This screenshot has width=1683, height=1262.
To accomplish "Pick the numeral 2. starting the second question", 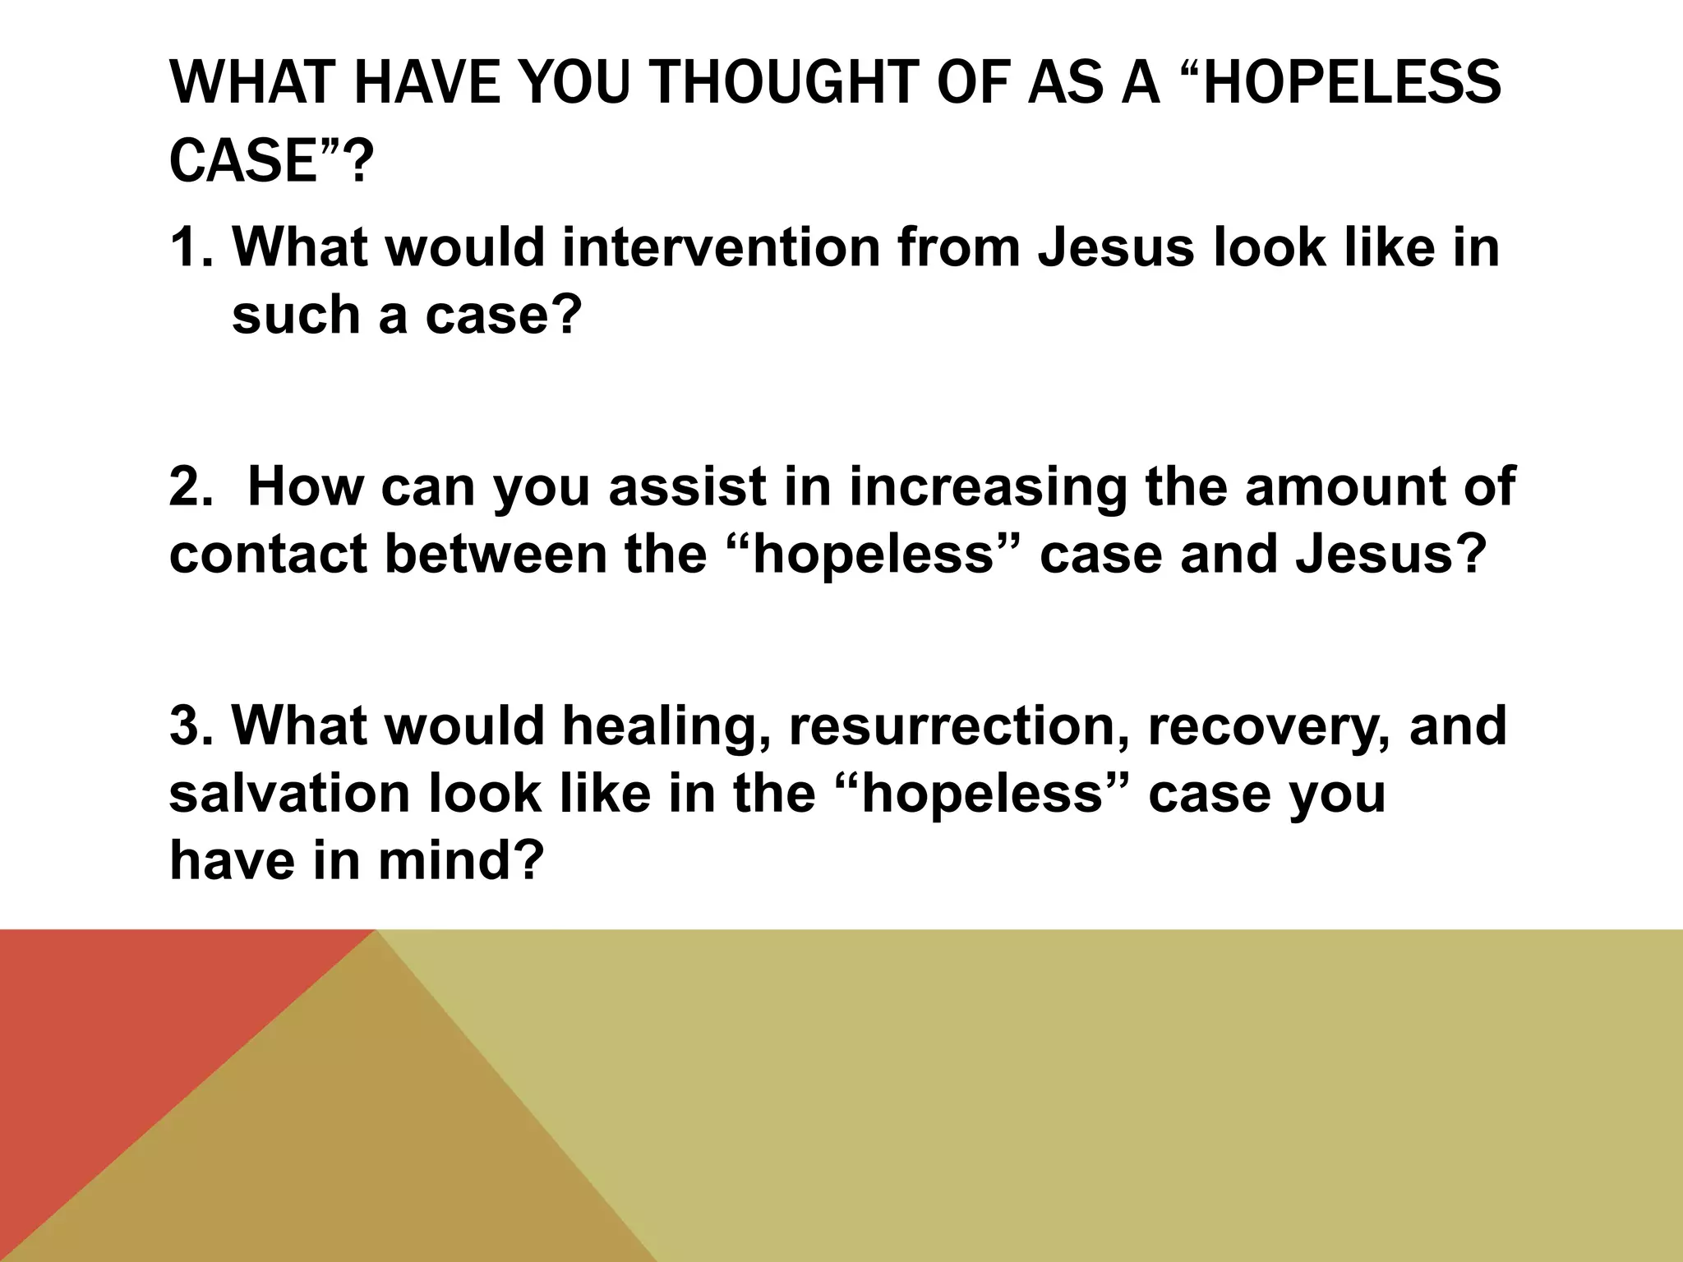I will click(x=191, y=486).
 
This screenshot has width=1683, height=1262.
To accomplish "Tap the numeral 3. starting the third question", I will click(x=191, y=725).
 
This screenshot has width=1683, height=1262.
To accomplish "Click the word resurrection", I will click(x=958, y=725).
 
